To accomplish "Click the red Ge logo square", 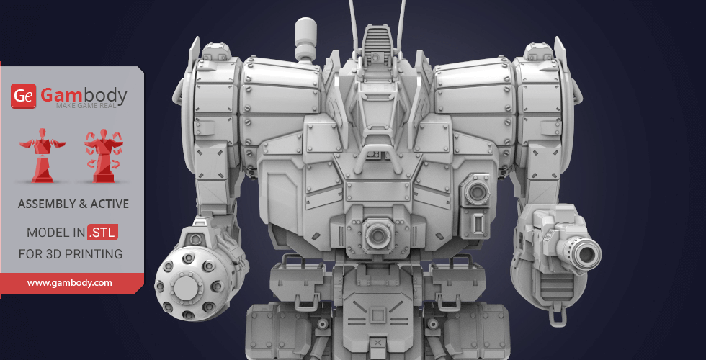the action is (23, 96).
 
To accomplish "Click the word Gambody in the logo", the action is (84, 95).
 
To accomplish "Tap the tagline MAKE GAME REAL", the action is (86, 106).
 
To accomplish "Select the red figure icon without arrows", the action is (43, 155).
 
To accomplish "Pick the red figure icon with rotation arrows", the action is (104, 155).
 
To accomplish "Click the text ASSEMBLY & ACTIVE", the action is (73, 204).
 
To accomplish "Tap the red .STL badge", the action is (103, 232).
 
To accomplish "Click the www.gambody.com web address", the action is (69, 283).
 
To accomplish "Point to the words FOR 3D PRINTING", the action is (71, 253).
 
